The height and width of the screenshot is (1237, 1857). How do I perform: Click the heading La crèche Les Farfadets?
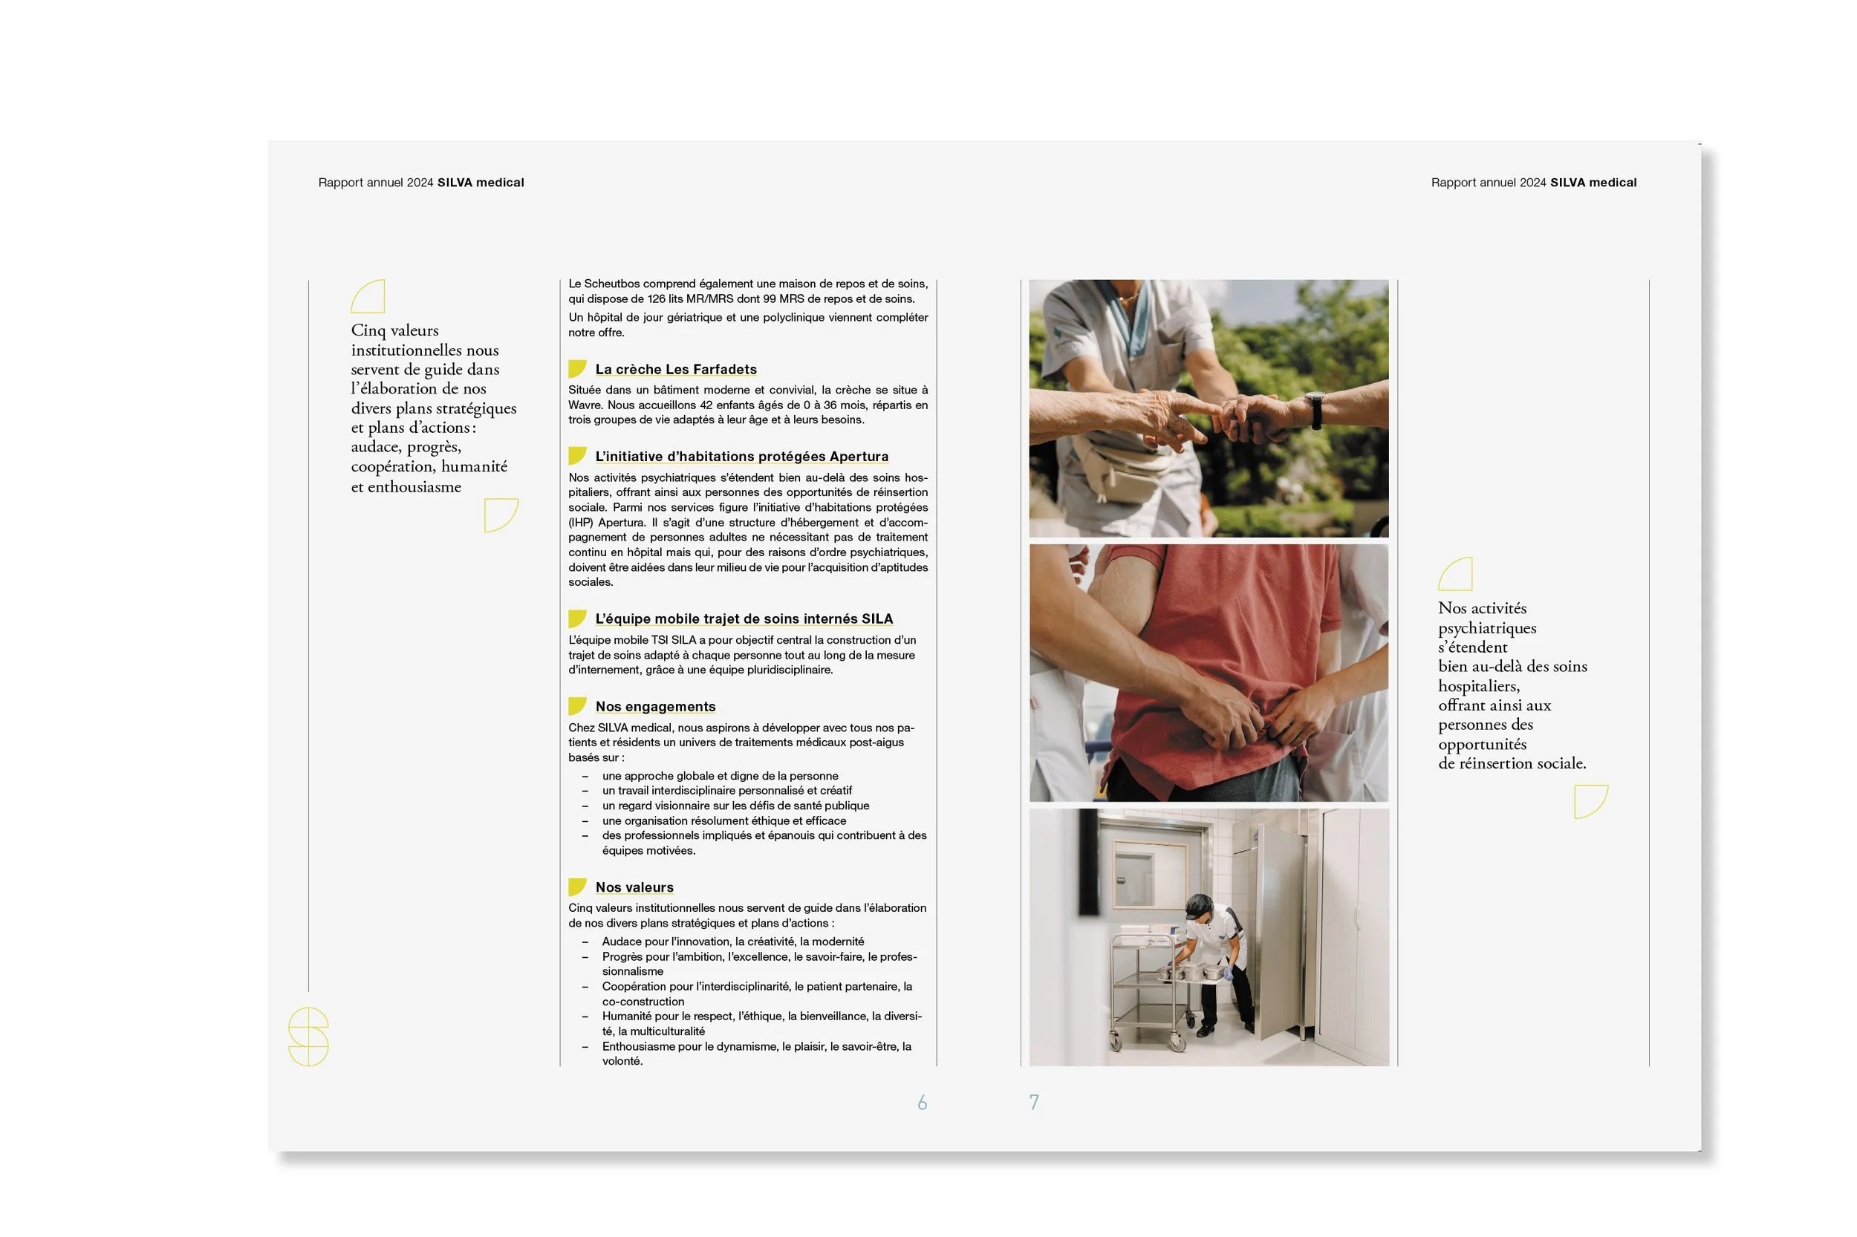675,369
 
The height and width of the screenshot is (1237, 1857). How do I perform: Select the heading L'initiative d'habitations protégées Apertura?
741,456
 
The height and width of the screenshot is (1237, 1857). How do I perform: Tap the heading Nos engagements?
655,706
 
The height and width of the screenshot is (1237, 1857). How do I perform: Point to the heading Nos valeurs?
634,887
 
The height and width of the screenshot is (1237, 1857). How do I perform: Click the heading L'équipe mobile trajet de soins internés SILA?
744,618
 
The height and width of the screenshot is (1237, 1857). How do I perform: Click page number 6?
922,1102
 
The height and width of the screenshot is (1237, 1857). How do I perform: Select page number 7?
1034,1102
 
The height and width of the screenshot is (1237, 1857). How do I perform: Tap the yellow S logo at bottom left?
308,1037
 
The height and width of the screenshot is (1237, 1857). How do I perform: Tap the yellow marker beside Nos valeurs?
577,887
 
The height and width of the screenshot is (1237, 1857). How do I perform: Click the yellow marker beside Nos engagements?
577,706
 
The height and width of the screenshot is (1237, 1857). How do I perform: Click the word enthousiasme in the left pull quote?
414,487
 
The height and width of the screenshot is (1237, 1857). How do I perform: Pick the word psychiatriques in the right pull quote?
1487,628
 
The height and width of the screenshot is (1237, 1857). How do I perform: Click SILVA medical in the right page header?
1593,182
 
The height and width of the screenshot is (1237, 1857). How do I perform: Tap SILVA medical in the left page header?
480,182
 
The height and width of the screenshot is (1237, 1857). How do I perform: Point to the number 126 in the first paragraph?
657,299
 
